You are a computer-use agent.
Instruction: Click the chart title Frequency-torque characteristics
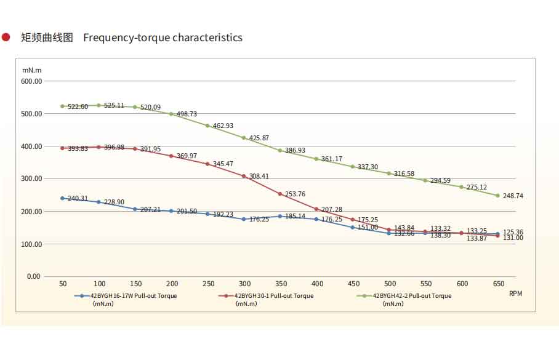point(163,38)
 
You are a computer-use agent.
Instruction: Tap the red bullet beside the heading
point(6,38)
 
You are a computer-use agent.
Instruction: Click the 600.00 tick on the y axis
point(31,81)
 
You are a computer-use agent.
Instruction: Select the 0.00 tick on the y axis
point(33,277)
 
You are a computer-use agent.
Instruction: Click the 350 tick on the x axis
point(280,284)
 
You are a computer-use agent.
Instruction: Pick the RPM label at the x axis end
point(515,294)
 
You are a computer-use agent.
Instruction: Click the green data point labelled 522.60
point(63,106)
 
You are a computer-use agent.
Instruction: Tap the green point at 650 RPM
point(497,196)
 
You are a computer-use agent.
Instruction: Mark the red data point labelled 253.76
point(280,194)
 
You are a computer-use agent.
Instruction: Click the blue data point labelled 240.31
point(63,198)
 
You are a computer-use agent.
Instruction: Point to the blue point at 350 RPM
point(280,216)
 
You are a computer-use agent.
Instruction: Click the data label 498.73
point(187,114)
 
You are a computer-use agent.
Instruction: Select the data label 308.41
point(259,177)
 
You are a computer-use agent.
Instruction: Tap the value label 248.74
point(513,196)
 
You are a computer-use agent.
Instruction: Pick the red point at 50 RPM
point(63,148)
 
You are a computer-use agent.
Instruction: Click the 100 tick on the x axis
point(99,284)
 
